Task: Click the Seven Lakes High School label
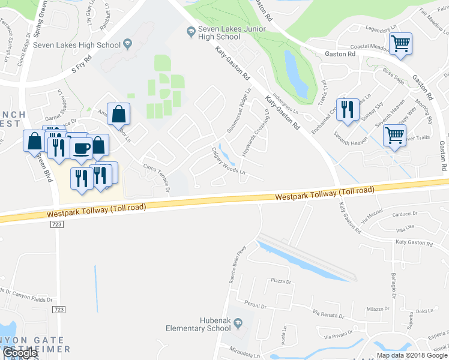77,44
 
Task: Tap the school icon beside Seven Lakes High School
127,44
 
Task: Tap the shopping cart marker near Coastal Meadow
400,43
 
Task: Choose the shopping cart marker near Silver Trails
394,135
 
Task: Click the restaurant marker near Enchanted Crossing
348,109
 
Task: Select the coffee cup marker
81,147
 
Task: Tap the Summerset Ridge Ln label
238,113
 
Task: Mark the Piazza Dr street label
281,281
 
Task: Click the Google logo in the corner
19,353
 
